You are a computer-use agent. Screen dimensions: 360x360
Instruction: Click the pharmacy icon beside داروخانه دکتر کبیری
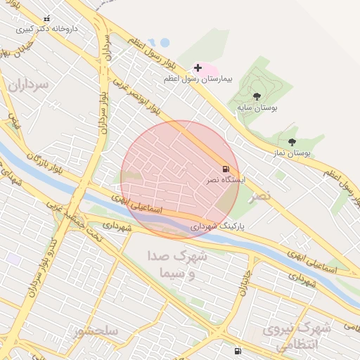pyautogui.click(x=47, y=19)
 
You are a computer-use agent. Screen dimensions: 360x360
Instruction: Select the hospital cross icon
pyautogui.click(x=198, y=68)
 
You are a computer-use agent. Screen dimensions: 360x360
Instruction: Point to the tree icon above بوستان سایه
pyautogui.click(x=256, y=96)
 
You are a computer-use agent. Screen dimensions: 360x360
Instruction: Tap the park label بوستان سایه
pyautogui.click(x=257, y=108)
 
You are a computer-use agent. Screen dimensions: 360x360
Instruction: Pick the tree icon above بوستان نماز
pyautogui.click(x=292, y=142)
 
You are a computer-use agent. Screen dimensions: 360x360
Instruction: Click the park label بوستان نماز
pyautogui.click(x=291, y=153)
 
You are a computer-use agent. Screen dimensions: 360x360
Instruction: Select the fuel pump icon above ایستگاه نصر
pyautogui.click(x=226, y=169)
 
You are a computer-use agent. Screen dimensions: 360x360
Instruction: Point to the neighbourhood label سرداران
pyautogui.click(x=27, y=85)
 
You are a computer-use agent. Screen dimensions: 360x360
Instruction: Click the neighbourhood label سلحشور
pyautogui.click(x=98, y=330)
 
